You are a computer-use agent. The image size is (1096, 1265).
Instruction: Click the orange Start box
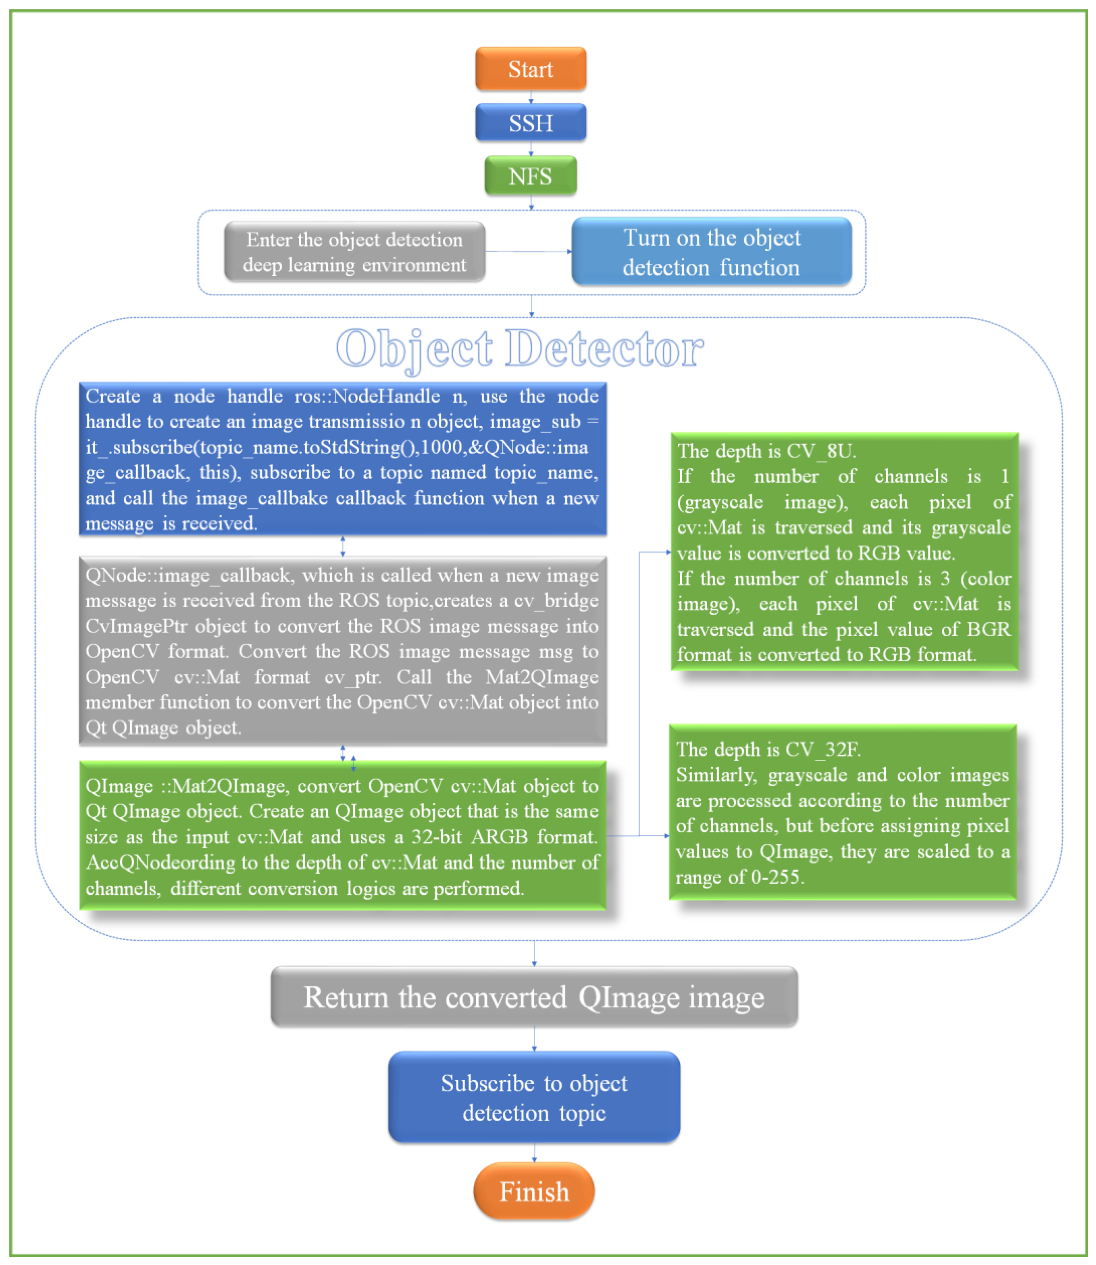click(530, 69)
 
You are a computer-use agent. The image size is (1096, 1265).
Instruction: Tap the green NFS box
click(530, 176)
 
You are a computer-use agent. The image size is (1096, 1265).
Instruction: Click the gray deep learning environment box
click(354, 252)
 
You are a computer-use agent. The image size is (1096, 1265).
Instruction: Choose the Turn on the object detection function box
click(711, 252)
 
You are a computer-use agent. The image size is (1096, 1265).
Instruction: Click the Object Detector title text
click(520, 349)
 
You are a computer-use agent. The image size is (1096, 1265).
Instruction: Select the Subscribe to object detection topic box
click(534, 1097)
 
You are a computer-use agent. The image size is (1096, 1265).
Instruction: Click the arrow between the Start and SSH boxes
click(531, 97)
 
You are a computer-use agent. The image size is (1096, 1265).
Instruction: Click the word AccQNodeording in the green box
click(160, 862)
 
